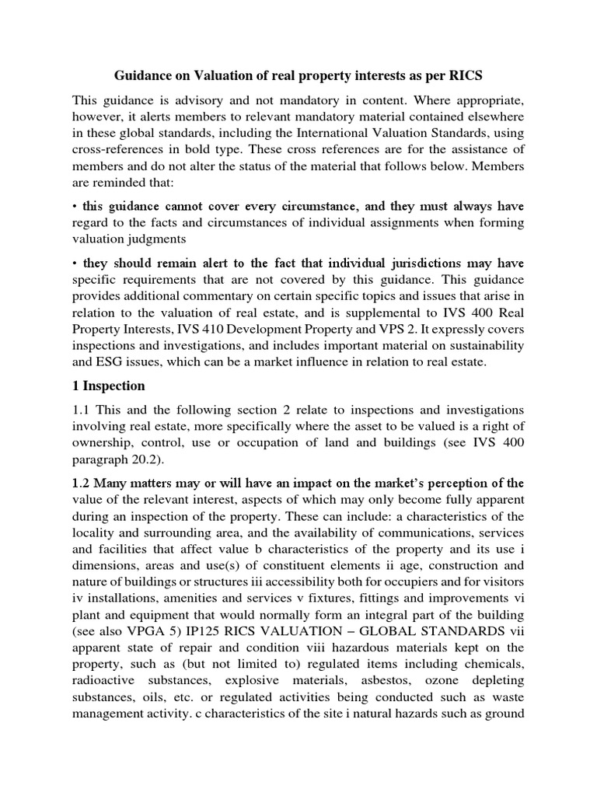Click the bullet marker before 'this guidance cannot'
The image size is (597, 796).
click(x=75, y=207)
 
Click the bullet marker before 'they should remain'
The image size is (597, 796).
click(x=75, y=264)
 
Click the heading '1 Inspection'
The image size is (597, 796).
click(x=108, y=386)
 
